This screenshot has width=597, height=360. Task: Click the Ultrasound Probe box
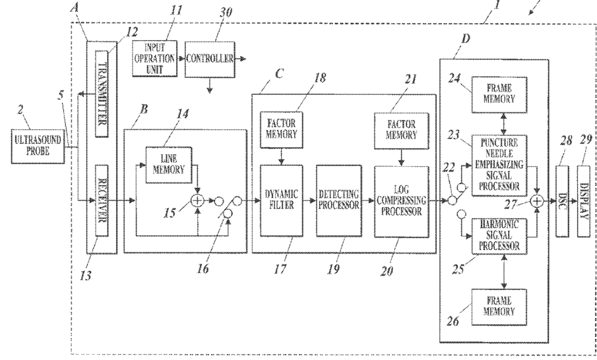click(38, 146)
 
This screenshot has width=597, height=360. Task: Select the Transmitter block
click(102, 94)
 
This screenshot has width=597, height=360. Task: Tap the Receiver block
click(102, 200)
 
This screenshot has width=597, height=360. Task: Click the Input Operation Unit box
click(154, 59)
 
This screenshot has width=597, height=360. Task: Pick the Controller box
click(210, 59)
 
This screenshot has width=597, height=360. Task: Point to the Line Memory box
click(169, 165)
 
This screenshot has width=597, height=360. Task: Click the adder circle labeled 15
click(198, 200)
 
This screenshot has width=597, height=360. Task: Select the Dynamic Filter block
click(282, 200)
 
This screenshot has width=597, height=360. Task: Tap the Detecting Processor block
click(339, 200)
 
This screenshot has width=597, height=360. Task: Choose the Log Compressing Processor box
click(401, 202)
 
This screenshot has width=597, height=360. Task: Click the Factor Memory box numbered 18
click(282, 129)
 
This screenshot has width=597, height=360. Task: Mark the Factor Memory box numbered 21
click(401, 131)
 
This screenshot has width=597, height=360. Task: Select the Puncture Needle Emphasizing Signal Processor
click(499, 165)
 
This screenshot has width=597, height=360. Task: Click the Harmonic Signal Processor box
click(499, 236)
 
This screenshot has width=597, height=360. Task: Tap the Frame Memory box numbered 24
click(499, 95)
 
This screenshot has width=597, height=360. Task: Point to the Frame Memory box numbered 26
click(499, 307)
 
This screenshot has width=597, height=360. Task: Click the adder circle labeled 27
click(537, 200)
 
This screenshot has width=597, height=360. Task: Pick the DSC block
click(562, 200)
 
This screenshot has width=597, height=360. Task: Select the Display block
click(584, 200)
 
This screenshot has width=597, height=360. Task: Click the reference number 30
click(226, 12)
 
